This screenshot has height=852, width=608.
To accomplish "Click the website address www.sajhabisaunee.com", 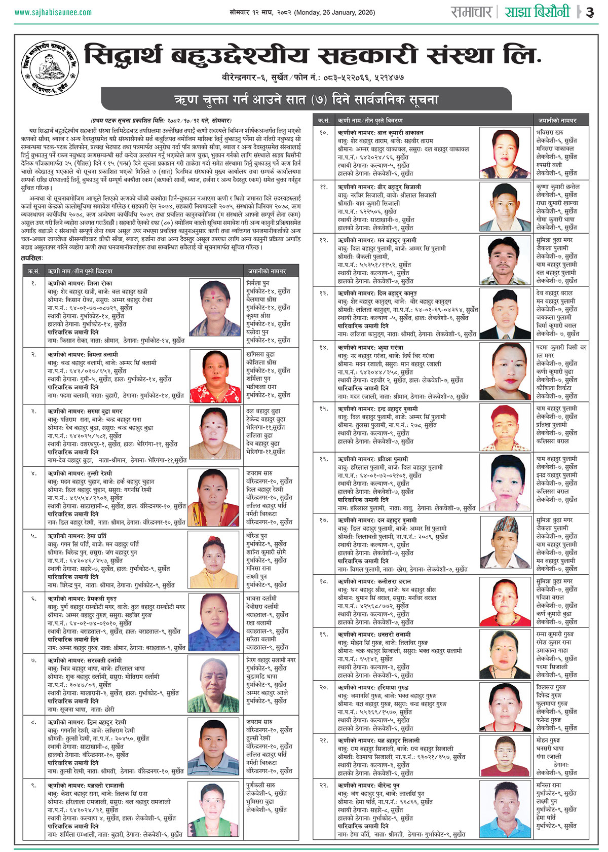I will pos(53,12).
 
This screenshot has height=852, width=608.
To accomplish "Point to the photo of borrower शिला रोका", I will pos(214,308).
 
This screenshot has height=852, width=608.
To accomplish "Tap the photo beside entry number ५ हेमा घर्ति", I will pos(214,558).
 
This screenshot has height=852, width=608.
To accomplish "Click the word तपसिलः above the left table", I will pos(32,258).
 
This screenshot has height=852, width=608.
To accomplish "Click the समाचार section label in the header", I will pos(472,12).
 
